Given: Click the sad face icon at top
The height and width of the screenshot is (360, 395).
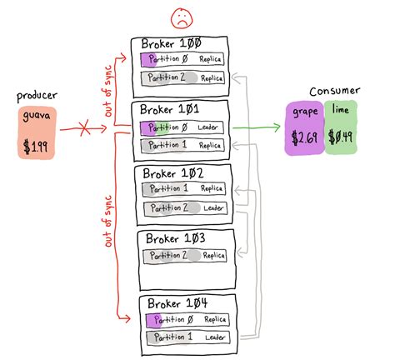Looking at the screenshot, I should click(180, 17).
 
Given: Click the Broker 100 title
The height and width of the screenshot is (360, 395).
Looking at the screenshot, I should click(171, 43).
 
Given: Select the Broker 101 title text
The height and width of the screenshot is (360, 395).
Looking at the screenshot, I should click(170, 109).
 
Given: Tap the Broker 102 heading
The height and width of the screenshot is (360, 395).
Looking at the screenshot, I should click(172, 173).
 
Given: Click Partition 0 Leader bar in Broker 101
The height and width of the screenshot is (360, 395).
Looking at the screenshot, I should click(182, 127).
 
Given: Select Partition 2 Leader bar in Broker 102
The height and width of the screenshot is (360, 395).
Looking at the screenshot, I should click(182, 207).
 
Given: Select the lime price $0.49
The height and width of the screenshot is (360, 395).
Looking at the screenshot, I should click(340, 137).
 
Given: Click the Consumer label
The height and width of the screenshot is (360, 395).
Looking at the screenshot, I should click(332, 90).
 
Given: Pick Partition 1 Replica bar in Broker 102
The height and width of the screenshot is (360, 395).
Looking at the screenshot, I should click(182, 189).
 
